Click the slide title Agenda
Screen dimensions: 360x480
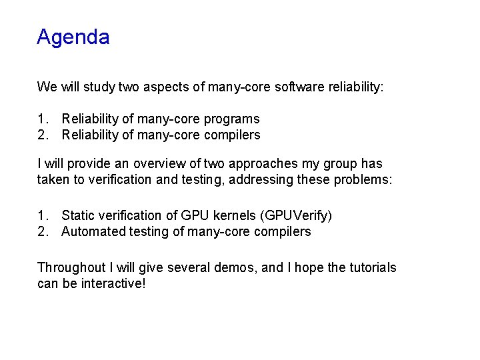73,37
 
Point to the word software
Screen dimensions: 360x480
297,87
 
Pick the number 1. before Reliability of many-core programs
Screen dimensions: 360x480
43,119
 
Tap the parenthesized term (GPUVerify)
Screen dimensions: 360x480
297,215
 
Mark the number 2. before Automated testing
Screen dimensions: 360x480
43,231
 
